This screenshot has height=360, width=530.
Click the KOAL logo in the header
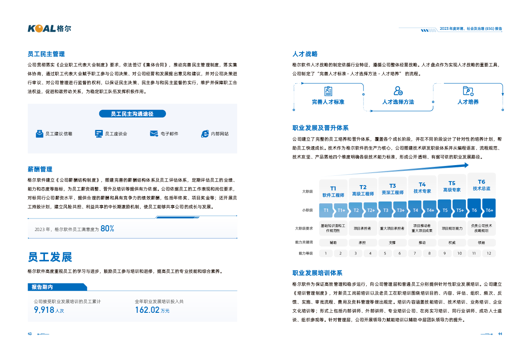pos(49,28)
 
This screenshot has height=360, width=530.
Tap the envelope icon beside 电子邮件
pos(154,133)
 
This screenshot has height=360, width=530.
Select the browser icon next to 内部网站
pos(205,133)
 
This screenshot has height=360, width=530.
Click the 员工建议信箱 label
pos(59,133)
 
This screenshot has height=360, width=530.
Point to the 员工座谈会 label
pos(116,133)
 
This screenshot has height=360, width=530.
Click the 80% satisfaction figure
pos(107,229)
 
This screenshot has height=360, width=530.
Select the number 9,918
pos(44,310)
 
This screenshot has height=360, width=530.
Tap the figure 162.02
pos(147,310)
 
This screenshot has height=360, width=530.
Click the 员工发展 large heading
pos(50,257)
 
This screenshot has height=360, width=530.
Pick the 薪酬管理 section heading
pos(40,169)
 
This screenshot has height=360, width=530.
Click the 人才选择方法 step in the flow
pos(398,102)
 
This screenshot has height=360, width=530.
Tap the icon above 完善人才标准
pos(328,91)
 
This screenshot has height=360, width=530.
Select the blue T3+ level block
pos(401,210)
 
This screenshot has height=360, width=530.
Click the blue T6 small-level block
pos(474,210)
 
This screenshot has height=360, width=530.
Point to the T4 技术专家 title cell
pos(422,187)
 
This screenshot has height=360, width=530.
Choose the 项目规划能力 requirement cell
pos(452,229)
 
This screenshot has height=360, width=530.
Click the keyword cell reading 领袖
pos(481,243)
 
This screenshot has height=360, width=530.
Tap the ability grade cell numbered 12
pos(489,253)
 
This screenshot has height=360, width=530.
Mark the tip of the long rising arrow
pos(468,165)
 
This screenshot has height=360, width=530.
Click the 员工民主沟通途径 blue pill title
pos(132,114)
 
